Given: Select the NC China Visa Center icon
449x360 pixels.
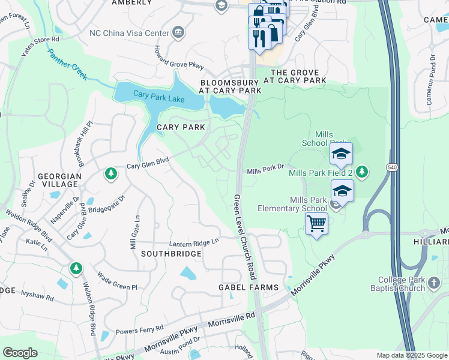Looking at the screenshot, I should [178, 32].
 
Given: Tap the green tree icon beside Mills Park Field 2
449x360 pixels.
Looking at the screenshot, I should [361, 172].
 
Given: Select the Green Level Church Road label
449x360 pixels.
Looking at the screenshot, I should [245, 238].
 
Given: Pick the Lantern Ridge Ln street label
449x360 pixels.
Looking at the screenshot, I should [194, 242].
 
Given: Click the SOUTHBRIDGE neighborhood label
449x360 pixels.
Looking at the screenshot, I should [171, 254].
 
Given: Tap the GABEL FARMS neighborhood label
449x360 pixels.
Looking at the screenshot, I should [248, 287].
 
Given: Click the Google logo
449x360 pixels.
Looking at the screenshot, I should [20, 353].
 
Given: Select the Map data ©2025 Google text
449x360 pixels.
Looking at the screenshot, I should [411, 355].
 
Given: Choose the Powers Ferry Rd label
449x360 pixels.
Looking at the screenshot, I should [139, 329].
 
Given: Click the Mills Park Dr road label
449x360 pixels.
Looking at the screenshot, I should [265, 172].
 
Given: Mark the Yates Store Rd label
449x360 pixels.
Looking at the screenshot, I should [40, 47].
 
